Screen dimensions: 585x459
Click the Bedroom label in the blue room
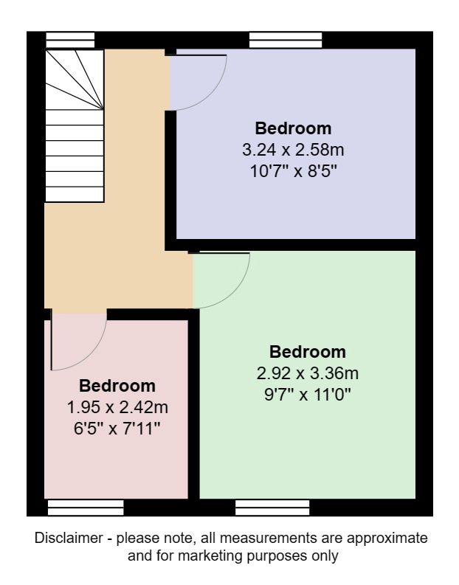pyautogui.click(x=293, y=127)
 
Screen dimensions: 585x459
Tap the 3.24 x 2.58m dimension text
pyautogui.click(x=293, y=150)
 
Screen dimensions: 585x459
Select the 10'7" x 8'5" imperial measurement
pyautogui.click(x=293, y=172)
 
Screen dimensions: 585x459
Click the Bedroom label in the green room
pyautogui.click(x=308, y=351)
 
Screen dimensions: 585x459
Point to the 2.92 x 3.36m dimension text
pyautogui.click(x=308, y=373)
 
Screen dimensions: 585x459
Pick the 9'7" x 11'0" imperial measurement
pyautogui.click(x=308, y=395)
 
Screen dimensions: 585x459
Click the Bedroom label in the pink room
pyautogui.click(x=117, y=385)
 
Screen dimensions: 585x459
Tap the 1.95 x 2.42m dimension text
pyautogui.click(x=117, y=407)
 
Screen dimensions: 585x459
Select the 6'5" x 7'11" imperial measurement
pyautogui.click(x=117, y=429)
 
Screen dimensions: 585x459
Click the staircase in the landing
pyautogui.click(x=74, y=125)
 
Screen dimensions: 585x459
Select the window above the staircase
pyautogui.click(x=70, y=40)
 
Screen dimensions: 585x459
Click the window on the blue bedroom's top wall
pyautogui.click(x=286, y=40)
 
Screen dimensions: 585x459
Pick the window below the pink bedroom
pyautogui.click(x=85, y=507)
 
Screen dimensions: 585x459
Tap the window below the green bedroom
pyautogui.click(x=272, y=507)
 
